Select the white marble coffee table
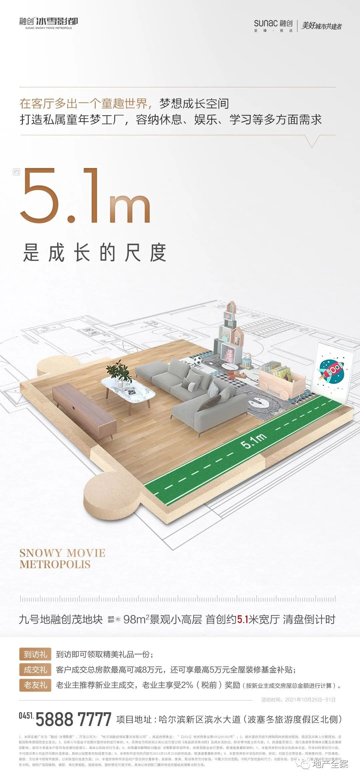click(x=128, y=389)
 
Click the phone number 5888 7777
click(x=73, y=719)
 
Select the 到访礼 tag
click(x=35, y=654)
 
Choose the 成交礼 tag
click(x=35, y=669)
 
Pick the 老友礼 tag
click(x=35, y=685)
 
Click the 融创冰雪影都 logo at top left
click(x=49, y=23)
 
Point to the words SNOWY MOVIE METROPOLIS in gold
click(x=62, y=559)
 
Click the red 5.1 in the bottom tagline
click(x=242, y=620)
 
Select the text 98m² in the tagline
click(x=134, y=620)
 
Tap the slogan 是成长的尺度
click(x=94, y=253)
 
